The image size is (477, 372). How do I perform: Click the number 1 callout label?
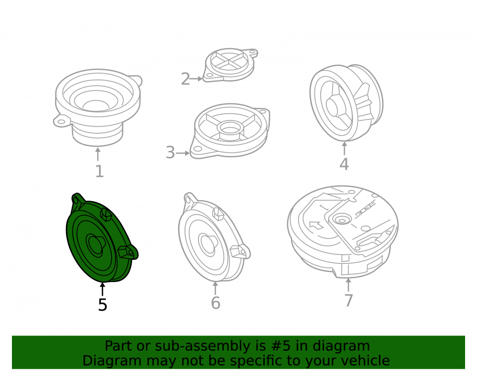(100, 171)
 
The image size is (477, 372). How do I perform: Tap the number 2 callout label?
(185, 79)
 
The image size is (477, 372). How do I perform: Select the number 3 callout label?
(170, 152)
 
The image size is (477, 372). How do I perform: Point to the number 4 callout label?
(344, 164)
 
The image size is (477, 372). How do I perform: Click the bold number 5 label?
(103, 304)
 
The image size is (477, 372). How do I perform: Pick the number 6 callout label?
(216, 303)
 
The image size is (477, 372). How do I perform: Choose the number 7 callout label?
(349, 301)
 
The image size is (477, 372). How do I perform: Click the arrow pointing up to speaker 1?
(98, 154)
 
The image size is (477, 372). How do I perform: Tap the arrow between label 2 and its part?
(196, 79)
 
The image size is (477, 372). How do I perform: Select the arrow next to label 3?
(183, 153)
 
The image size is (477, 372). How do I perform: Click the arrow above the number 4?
(344, 149)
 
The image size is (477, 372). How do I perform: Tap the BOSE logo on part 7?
(365, 209)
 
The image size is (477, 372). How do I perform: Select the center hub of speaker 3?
(230, 129)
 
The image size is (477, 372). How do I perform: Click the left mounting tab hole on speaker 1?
(61, 122)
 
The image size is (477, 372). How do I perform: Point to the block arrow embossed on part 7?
(316, 225)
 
